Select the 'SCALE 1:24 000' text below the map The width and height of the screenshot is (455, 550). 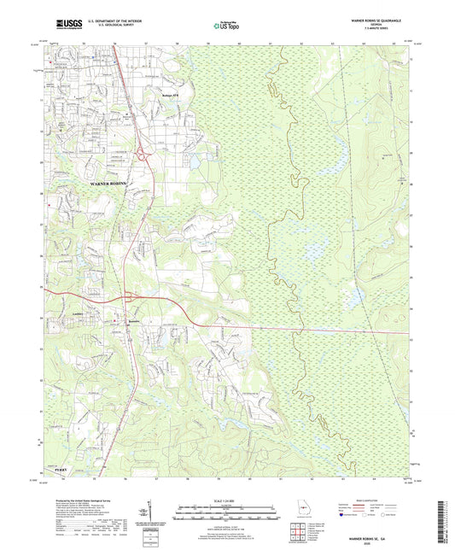pos(226,500)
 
